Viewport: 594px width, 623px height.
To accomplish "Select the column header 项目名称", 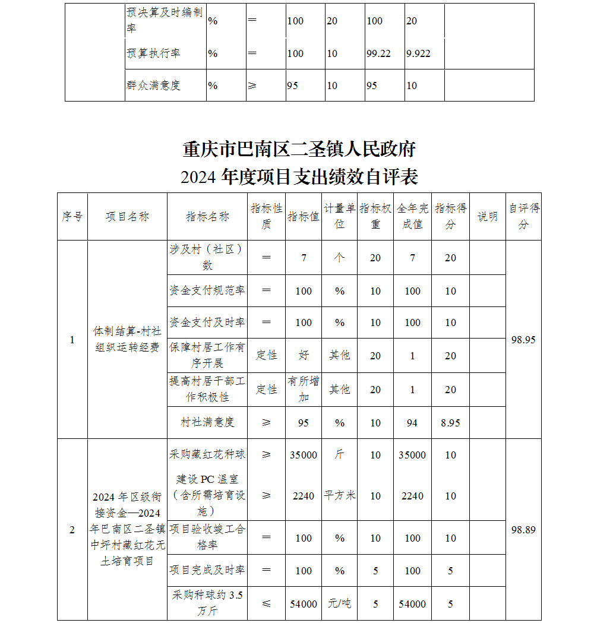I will (x=127, y=217).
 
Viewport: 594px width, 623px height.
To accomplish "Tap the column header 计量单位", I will (x=339, y=216).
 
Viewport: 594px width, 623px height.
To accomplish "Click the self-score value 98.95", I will (x=523, y=340).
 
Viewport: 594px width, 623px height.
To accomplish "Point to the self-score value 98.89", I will (x=523, y=530).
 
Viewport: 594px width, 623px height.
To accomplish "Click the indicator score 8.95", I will (x=450, y=423).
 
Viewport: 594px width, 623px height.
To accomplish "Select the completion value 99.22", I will (x=378, y=53).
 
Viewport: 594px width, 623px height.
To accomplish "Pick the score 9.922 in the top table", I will (x=418, y=53).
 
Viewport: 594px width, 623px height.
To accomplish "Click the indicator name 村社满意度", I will (x=207, y=422).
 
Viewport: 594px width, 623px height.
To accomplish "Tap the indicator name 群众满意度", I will (x=153, y=86).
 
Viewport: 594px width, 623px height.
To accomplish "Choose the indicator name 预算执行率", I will (x=153, y=53).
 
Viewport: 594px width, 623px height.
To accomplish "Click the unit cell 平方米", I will (x=339, y=495).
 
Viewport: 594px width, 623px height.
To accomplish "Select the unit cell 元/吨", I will (x=339, y=603).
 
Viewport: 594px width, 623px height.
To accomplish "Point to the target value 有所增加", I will (x=304, y=389).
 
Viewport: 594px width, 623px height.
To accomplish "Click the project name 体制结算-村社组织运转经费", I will (x=127, y=340).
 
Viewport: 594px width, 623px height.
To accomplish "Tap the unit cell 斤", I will (x=339, y=455).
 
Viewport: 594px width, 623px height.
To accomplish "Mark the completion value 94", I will (x=412, y=423).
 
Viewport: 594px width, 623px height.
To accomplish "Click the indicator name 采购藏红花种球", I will (x=207, y=455).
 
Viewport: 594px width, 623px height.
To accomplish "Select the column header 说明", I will (x=488, y=217).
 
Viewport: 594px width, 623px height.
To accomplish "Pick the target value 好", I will (x=304, y=355).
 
